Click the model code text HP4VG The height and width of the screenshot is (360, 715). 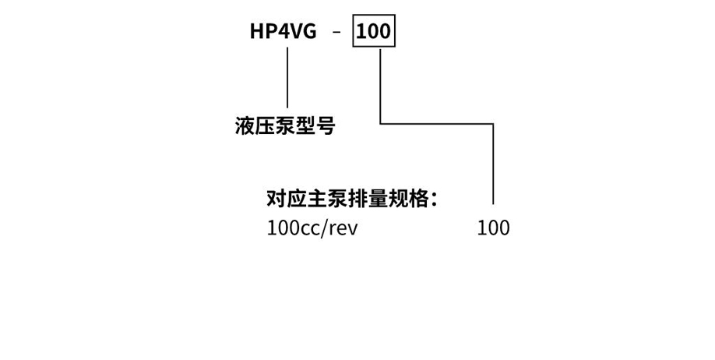point(283,32)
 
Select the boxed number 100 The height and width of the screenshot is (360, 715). point(374,32)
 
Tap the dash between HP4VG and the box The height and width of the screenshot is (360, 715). point(336,33)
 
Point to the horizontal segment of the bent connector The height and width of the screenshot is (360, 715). point(436,123)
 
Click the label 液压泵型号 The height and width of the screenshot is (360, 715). point(284,126)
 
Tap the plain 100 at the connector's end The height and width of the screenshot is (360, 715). point(493,228)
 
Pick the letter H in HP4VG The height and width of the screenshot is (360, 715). point(257,32)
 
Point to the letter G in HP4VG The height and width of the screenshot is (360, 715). point(309,32)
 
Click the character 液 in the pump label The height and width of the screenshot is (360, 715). point(245,126)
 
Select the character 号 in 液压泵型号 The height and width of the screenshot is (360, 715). point(326,126)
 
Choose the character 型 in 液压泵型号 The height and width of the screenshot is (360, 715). point(305,126)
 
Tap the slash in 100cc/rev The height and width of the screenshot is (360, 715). point(331,228)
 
